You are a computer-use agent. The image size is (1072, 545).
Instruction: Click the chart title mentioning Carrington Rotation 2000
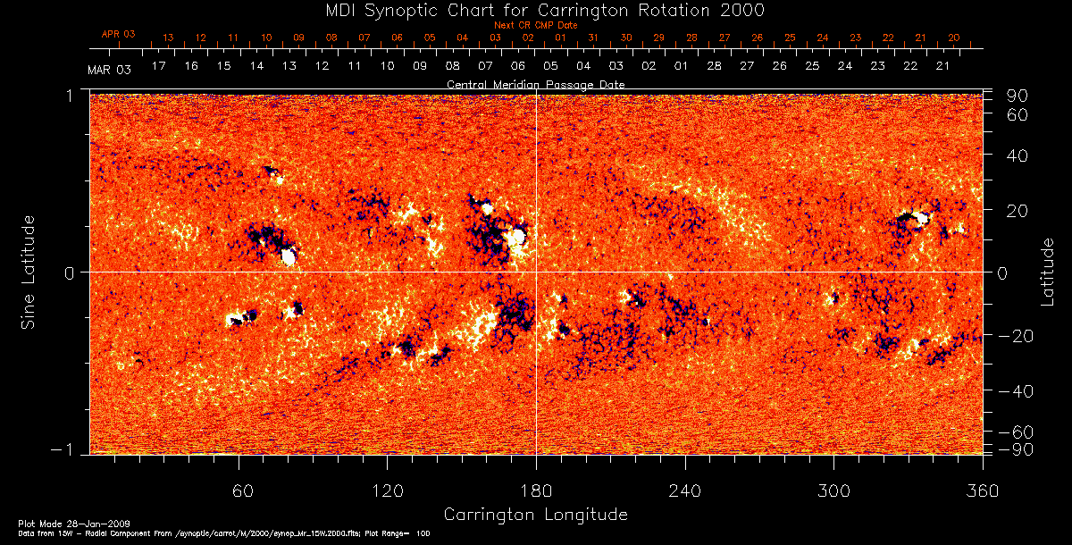coord(536,10)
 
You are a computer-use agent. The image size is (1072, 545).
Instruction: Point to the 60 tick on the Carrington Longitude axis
coord(239,490)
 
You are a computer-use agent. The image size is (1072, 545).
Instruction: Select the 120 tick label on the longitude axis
coord(387,490)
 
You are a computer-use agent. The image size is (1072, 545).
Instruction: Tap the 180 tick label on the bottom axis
coord(536,490)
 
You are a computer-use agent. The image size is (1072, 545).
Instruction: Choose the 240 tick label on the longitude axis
coord(685,490)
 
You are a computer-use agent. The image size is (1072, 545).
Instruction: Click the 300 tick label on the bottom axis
coord(833,490)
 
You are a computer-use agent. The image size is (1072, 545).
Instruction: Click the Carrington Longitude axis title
coord(535,515)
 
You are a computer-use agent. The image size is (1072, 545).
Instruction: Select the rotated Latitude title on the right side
coord(1047,272)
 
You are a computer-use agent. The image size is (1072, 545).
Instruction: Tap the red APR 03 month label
coord(118,34)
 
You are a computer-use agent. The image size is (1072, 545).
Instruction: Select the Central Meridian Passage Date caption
coord(535,84)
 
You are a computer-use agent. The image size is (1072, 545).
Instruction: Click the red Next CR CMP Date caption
coord(535,25)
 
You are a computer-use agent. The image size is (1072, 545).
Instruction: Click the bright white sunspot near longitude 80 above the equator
coord(289,257)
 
